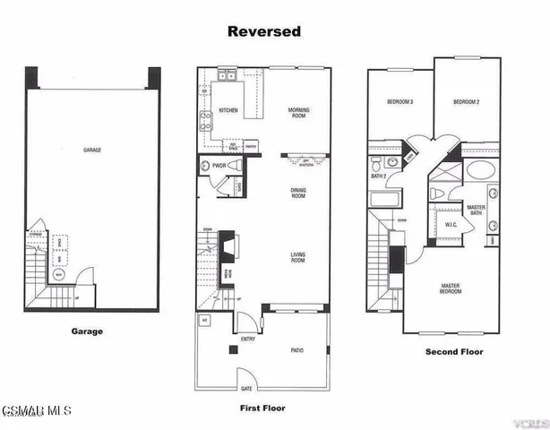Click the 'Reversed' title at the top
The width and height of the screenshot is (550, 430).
263,31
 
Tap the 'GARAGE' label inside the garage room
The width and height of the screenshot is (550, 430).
92,150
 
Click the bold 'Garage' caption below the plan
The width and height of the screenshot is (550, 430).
87,331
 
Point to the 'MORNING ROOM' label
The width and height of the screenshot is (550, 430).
298,112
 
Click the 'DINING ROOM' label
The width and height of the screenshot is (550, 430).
297,192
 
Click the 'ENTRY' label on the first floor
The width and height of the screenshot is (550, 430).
247,339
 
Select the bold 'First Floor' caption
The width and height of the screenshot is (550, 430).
262,408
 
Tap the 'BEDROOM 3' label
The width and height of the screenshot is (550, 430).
400,102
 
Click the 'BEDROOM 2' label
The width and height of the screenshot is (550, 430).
466,102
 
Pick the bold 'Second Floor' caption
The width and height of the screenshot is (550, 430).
455,352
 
